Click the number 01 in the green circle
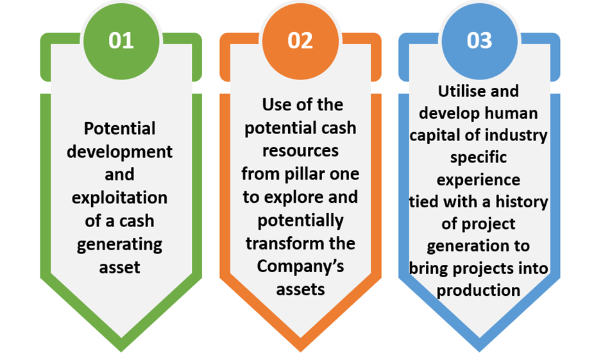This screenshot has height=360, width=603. coord(121,40)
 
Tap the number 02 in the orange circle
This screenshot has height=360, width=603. coord(300,40)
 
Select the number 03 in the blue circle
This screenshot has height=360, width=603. coord(479,40)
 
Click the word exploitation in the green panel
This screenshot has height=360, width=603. coord(119,198)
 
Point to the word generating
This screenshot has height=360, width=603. coord(119,245)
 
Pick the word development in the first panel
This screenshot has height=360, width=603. coord(119,152)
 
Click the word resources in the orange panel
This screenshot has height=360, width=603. coord(300,151)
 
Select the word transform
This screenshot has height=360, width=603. coord(282,243)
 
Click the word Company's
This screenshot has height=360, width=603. coord(300,266)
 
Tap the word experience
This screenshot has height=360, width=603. coord(479,180)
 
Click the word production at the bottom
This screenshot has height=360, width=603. coord(479,291)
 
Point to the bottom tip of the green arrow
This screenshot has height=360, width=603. coord(121,352)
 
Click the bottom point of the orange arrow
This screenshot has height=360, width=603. coord(300,352)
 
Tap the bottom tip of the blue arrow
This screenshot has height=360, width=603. coord(479,352)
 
